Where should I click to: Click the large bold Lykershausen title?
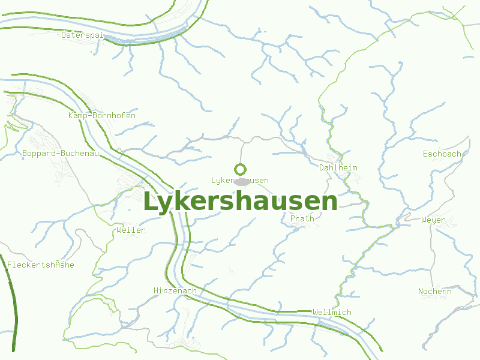coord(240,202)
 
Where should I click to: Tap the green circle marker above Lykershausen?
coord(240,169)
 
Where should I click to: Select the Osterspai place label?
coord(83,35)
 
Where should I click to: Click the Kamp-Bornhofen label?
coord(102,115)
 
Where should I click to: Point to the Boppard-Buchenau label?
coord(60,154)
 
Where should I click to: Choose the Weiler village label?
coord(131,230)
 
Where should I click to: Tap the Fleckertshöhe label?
coord(41,265)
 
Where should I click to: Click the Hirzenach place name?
coord(175,291)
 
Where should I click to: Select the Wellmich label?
coord(332,313)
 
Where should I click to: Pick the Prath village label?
coord(302,219)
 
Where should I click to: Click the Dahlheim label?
coord(338,168)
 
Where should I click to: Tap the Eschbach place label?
coord(442,154)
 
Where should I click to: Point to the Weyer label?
coord(433,220)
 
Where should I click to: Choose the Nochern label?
coord(435,292)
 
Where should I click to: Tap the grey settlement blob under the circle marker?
coord(241,181)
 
